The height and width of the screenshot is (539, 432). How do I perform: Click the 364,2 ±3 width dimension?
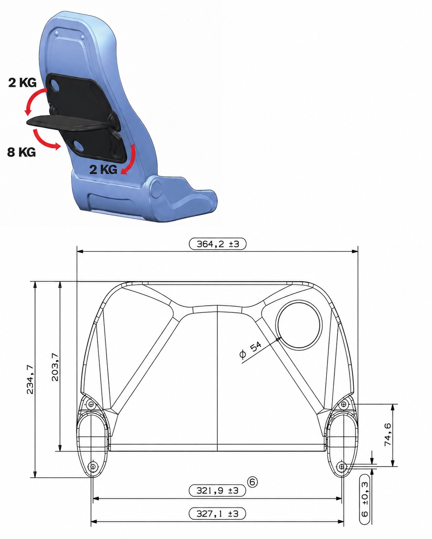(x=217, y=244)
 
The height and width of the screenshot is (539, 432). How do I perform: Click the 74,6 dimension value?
(x=387, y=435)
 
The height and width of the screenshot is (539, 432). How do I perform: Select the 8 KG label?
(x=22, y=152)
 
